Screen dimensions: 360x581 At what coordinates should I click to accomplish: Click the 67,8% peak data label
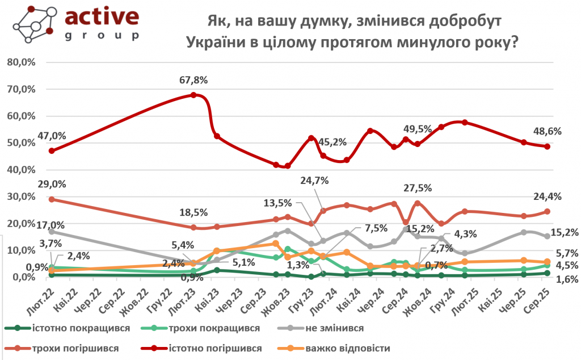tap(193, 80)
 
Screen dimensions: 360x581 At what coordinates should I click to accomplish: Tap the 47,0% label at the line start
tap(52, 136)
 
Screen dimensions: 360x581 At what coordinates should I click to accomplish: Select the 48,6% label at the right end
tap(548, 131)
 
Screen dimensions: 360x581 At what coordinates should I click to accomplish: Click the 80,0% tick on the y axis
tap(20, 62)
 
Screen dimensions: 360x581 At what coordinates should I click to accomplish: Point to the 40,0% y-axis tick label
tap(20, 170)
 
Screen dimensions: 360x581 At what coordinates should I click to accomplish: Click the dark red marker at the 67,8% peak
tap(193, 95)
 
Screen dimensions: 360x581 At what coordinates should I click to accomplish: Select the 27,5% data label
tap(418, 188)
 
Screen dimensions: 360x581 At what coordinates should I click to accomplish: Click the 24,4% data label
tap(548, 198)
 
